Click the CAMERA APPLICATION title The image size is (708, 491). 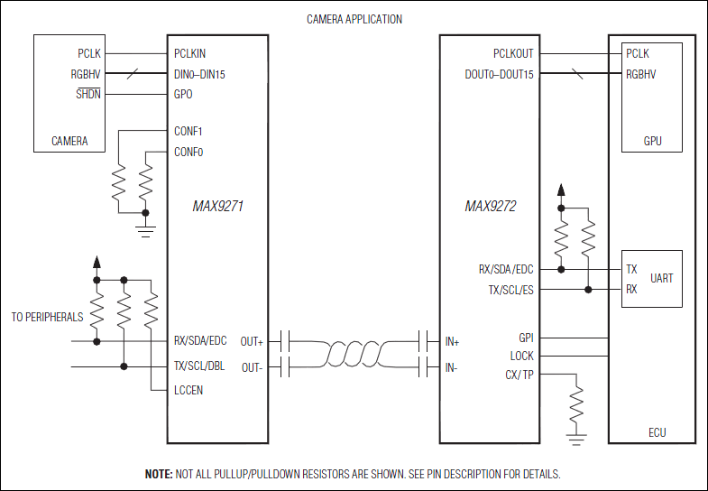click(354, 19)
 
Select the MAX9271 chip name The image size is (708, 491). click(218, 206)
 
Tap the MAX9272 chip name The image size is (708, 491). click(490, 206)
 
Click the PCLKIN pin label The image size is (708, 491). click(189, 54)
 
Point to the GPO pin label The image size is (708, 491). click(183, 93)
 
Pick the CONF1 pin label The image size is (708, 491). click(188, 131)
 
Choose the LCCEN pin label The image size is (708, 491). click(188, 389)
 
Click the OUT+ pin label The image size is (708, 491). click(253, 341)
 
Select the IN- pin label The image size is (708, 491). click(453, 367)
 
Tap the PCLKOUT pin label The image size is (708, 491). click(513, 54)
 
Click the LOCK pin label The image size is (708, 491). click(522, 357)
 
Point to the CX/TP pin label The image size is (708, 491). click(520, 375)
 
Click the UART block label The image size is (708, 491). click(661, 278)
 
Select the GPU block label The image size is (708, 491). click(652, 142)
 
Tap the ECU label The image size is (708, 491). click(657, 432)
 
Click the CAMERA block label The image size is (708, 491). click(69, 142)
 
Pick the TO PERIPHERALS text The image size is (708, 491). click(47, 317)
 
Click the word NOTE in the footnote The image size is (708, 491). click(159, 474)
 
